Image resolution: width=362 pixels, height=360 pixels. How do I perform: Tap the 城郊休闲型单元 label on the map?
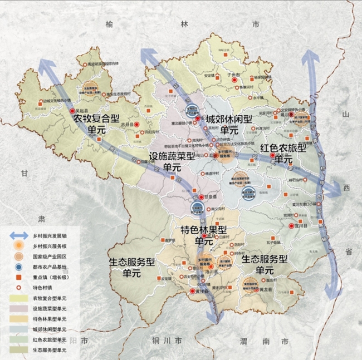click(229, 125)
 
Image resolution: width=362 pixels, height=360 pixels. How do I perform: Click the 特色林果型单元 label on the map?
click(204, 235)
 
